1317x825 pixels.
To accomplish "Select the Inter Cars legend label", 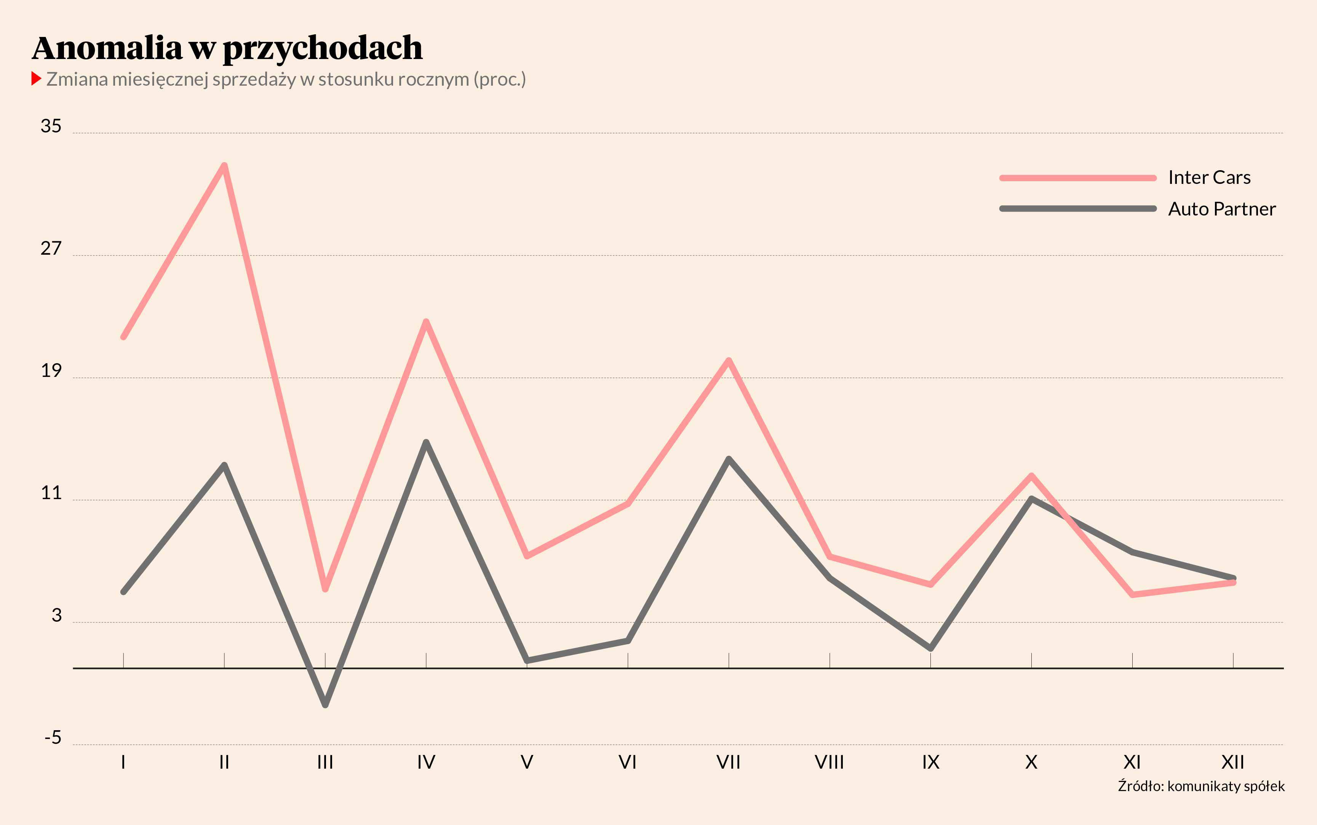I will (x=1209, y=177).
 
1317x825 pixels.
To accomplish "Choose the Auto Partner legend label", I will (x=1221, y=209).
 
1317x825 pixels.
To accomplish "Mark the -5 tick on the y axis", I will (x=53, y=738).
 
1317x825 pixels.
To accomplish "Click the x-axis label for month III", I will (x=325, y=762).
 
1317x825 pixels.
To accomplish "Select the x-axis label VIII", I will (x=829, y=762).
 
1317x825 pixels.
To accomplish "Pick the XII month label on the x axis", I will (x=1232, y=762).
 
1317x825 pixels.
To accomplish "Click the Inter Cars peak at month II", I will (x=224, y=165).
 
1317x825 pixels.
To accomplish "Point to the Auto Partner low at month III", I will (x=325, y=704).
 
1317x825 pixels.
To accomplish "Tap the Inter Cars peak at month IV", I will (x=426, y=321).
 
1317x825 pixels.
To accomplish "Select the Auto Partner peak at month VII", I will (x=729, y=459).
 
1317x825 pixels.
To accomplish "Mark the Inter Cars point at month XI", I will (x=1133, y=594).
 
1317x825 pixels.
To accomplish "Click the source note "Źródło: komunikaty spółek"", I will (x=1201, y=786).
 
